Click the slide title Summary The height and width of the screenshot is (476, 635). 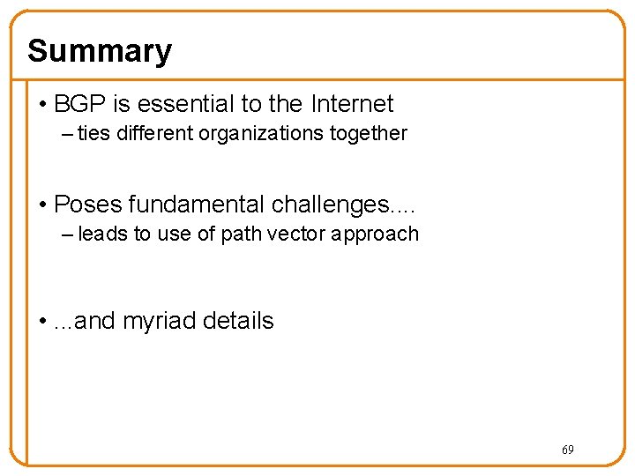(100, 51)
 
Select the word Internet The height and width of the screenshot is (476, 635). (352, 104)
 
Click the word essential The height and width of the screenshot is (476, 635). (182, 104)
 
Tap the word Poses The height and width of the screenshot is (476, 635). (87, 205)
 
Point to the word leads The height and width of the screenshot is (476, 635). (102, 234)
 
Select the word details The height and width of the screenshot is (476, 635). (238, 321)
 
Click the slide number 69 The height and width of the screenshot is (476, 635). (567, 450)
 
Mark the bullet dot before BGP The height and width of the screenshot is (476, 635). (43, 105)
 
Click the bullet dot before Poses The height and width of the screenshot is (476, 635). (43, 205)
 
